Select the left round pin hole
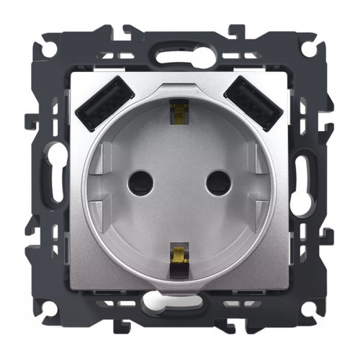point(141,185)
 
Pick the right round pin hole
point(218,185)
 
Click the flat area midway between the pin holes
point(180,185)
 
